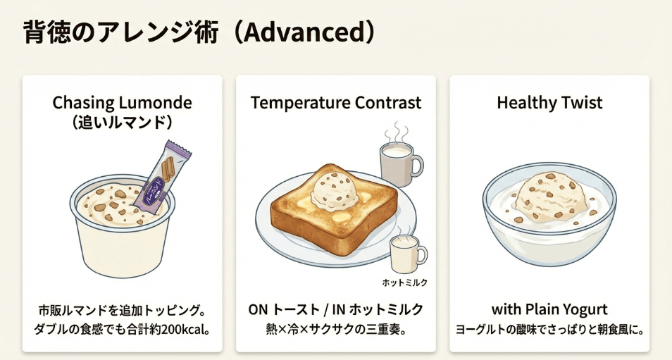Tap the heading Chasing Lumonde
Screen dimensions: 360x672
click(122, 103)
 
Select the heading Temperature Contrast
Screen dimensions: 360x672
click(336, 103)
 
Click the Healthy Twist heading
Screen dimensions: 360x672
click(549, 103)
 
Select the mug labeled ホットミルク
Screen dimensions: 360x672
click(407, 252)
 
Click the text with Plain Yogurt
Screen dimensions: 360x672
click(549, 310)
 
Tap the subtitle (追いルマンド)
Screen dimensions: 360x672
click(122, 122)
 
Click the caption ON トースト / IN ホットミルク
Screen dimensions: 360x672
click(335, 310)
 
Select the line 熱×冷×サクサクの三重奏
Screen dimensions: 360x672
click(335, 329)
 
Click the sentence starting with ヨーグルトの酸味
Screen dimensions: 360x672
click(549, 329)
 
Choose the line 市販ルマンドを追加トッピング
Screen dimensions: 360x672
click(122, 310)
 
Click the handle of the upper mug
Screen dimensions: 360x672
click(418, 166)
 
